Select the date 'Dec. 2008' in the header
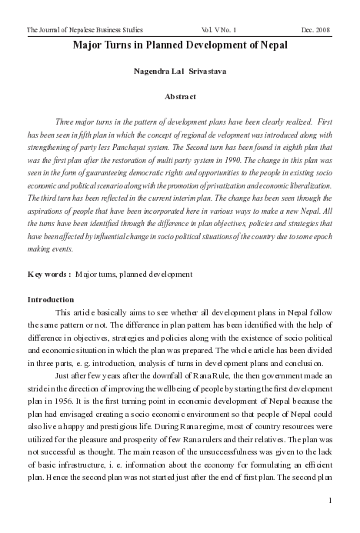tap(315, 29)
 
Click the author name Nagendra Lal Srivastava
tap(179, 72)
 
